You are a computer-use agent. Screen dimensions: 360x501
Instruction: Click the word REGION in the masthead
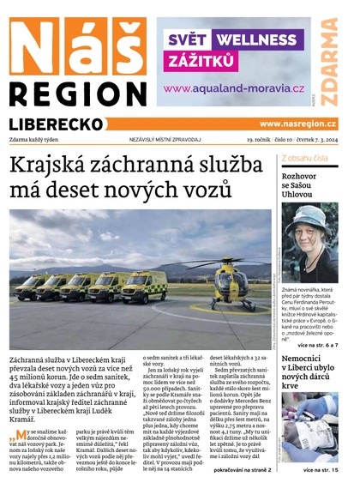[x=78, y=94]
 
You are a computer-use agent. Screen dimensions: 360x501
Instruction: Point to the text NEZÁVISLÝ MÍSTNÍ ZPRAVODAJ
[x=165, y=140]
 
